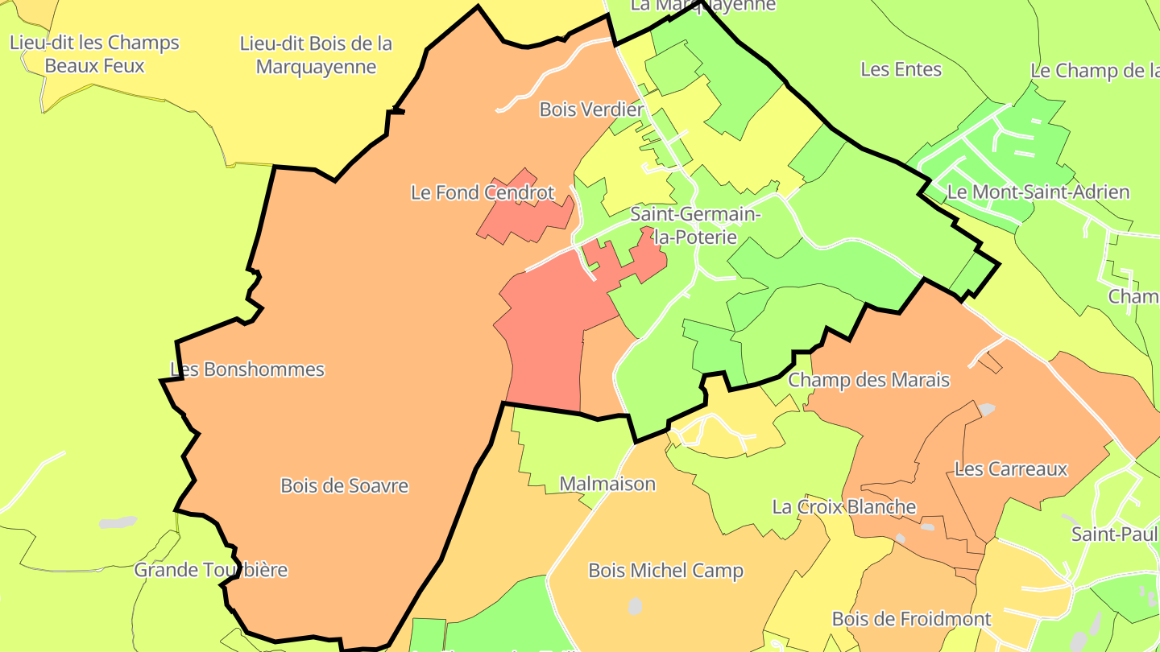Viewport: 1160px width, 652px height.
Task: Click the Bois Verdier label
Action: (x=591, y=109)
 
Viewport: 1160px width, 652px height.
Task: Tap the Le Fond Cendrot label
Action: (x=483, y=192)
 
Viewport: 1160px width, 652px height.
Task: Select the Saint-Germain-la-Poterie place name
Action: (x=695, y=225)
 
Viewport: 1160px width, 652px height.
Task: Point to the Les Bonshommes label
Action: (x=247, y=369)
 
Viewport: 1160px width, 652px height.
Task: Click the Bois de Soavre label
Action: (x=344, y=486)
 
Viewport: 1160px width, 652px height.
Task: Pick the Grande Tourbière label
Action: (x=210, y=570)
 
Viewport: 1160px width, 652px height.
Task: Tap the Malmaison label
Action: (x=607, y=484)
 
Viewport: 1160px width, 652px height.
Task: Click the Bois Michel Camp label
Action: (x=665, y=571)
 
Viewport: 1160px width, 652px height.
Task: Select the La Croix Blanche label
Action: (x=844, y=507)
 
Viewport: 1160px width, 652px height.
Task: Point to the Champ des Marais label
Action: (x=869, y=380)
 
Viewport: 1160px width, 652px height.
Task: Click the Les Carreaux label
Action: (x=1011, y=468)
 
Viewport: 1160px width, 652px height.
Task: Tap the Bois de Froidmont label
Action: (x=911, y=619)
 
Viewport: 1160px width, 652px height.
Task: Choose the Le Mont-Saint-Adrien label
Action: (x=1038, y=192)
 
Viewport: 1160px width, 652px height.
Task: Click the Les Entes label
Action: (x=901, y=69)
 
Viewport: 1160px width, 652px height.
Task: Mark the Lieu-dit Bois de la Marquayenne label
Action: (x=316, y=55)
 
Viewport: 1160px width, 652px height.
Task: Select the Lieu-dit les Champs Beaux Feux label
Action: (x=94, y=54)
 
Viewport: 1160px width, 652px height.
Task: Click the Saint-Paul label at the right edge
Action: (x=1114, y=534)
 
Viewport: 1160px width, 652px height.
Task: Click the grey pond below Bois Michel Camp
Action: (x=636, y=605)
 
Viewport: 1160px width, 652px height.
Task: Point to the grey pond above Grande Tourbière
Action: (x=118, y=523)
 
